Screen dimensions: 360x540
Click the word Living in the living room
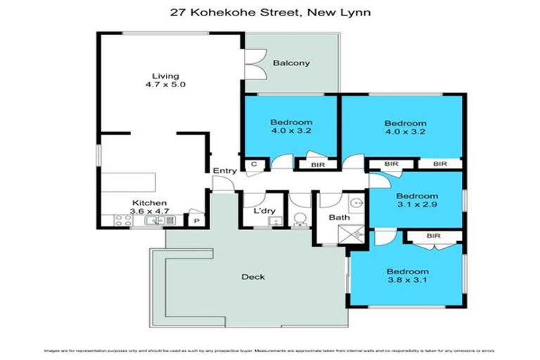[166, 76]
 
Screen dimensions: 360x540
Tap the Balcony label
[291, 63]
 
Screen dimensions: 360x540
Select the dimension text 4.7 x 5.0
[166, 85]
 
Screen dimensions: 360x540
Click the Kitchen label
[149, 203]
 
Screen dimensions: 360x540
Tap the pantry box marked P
[195, 220]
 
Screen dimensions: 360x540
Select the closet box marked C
[253, 165]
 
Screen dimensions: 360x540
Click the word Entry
[225, 171]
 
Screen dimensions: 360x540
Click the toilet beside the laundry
[300, 219]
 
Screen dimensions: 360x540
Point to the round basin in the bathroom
[356, 204]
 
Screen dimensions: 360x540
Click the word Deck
[253, 276]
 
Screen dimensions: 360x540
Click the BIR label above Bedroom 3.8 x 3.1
[432, 237]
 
